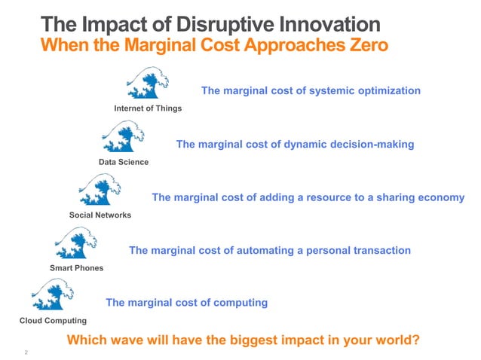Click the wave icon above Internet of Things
click(x=148, y=84)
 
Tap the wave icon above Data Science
click(x=123, y=137)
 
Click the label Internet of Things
click(x=148, y=108)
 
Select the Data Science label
click(x=124, y=162)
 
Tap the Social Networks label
click(x=100, y=215)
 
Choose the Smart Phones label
click(x=77, y=268)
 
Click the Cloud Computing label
click(x=53, y=322)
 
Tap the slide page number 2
click(x=26, y=352)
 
